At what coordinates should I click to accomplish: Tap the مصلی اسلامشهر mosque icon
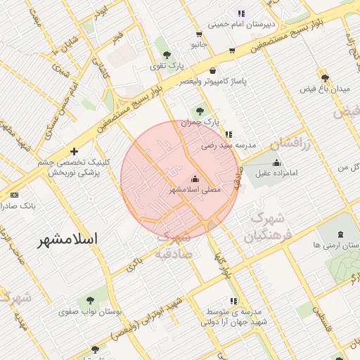[195, 179]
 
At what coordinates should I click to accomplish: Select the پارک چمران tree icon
[201, 110]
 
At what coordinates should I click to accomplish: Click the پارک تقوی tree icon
[166, 54]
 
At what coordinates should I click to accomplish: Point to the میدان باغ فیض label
[326, 89]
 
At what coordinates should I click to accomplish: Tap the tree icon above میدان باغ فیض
[324, 77]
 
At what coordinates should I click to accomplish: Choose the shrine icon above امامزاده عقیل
[276, 162]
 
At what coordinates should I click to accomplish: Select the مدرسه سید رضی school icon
[228, 134]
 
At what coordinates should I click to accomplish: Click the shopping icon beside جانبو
[199, 34]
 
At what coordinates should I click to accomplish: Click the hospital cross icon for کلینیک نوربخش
[74, 151]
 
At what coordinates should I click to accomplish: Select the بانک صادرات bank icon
[15, 195]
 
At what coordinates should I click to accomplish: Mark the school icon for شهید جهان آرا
[233, 301]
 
